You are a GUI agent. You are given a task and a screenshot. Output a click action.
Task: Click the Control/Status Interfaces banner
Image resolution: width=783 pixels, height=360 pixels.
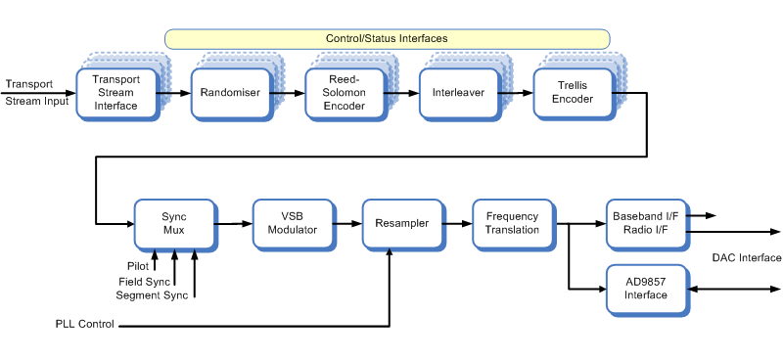(x=388, y=39)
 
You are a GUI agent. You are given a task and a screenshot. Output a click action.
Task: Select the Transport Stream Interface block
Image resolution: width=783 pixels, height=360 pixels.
(x=115, y=93)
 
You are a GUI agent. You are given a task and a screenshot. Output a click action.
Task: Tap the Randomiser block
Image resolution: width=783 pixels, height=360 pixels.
(x=229, y=93)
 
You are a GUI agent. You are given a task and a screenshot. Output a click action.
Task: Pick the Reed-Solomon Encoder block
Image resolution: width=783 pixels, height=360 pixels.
(x=344, y=93)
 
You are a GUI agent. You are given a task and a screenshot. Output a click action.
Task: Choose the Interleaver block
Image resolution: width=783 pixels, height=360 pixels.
(x=458, y=93)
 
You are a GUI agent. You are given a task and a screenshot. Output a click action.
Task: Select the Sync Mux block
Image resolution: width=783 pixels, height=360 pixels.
(x=173, y=223)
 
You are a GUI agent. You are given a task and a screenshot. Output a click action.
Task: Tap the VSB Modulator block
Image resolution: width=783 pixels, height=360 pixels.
(x=292, y=223)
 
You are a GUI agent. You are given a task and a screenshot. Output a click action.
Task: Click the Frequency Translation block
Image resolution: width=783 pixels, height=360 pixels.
(x=512, y=223)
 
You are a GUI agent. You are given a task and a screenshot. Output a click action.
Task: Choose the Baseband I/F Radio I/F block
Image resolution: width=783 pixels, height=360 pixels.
(x=645, y=222)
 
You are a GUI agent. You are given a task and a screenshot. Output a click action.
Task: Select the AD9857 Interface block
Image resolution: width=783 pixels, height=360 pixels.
(x=645, y=289)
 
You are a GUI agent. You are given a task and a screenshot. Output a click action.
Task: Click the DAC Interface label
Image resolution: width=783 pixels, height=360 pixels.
(x=748, y=258)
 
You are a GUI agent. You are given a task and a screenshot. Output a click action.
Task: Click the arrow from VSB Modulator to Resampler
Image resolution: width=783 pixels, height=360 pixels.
(x=347, y=223)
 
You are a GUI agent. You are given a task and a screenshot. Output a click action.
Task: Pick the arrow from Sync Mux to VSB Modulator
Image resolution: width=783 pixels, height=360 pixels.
(x=233, y=223)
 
